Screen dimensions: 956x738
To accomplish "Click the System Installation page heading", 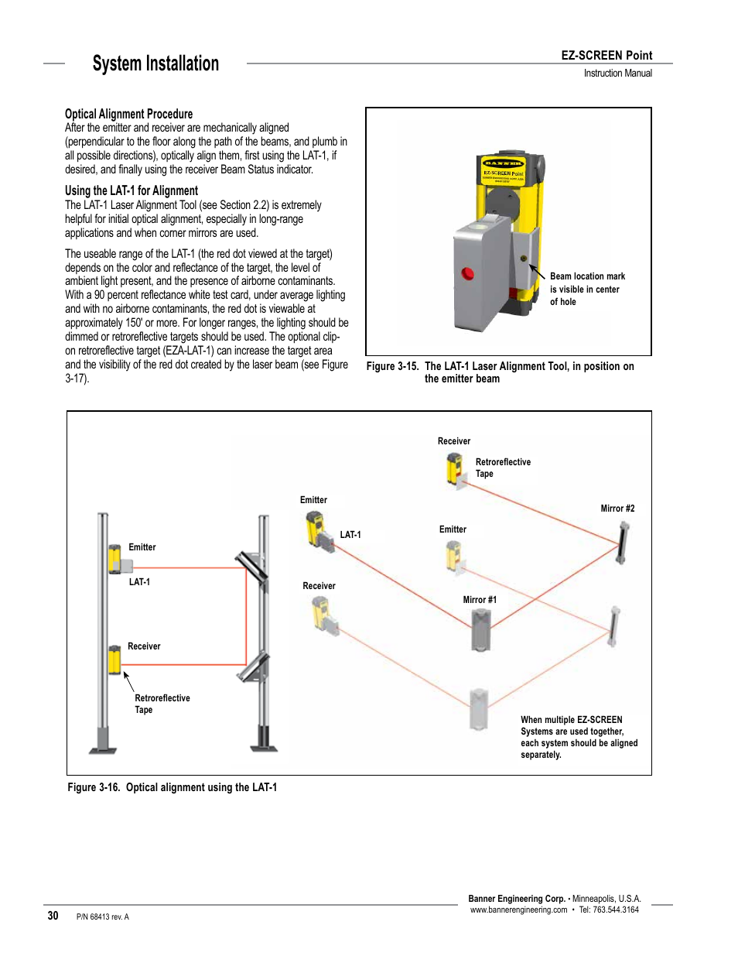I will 155,63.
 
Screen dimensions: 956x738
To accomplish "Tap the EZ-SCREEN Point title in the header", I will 606,56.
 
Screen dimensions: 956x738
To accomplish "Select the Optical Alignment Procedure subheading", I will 128,114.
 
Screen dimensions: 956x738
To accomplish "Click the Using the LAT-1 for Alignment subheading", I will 131,190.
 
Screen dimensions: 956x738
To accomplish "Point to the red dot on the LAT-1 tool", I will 467,273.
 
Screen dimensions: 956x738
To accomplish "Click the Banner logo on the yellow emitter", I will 503,163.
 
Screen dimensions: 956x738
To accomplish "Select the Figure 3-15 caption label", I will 392,366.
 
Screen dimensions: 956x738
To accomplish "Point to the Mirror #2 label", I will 617,509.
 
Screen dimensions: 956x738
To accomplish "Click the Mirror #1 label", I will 480,600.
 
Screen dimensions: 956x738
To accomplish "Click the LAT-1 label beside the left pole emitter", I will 139,582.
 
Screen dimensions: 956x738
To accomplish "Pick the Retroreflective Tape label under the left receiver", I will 162,704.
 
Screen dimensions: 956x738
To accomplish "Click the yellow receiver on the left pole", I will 114,660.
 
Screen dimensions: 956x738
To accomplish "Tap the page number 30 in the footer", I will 53,916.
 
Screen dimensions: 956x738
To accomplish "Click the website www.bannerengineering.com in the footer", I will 518,910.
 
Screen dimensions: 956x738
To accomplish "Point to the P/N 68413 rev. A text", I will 103,917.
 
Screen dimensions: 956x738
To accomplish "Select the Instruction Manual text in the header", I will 617,74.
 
